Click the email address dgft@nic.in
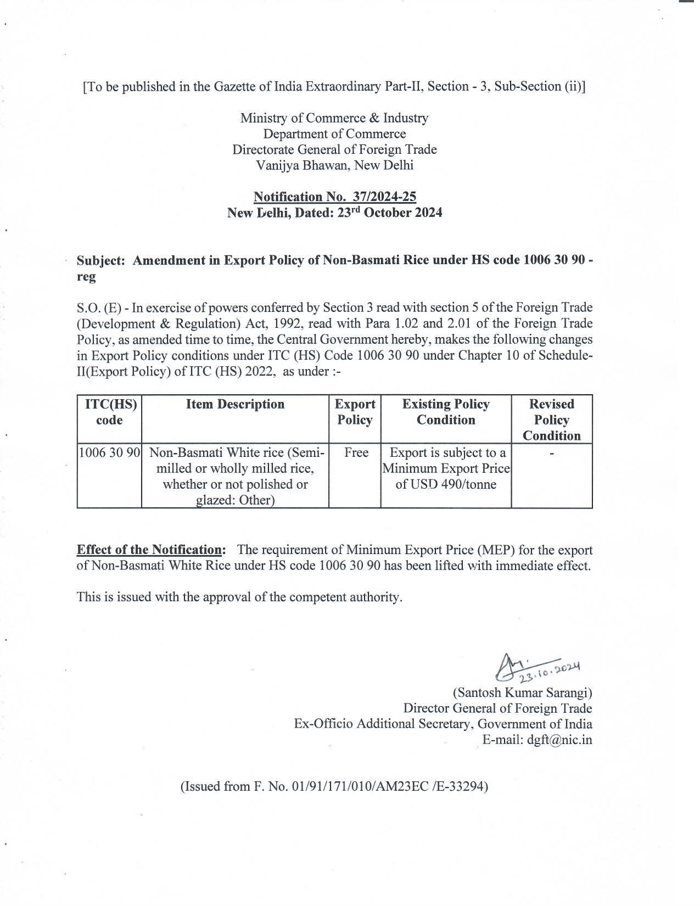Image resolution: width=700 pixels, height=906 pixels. tap(559, 740)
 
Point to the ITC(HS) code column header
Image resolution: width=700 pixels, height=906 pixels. tap(110, 412)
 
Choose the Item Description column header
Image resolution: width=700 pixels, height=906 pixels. tap(235, 405)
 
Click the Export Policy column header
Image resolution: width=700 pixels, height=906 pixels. tap(355, 412)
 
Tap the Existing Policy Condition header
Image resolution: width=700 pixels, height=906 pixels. tap(445, 412)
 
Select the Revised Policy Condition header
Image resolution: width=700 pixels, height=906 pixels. tap(551, 420)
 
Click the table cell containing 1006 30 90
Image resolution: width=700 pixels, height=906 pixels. tap(110, 453)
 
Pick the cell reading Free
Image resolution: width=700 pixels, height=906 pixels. tap(355, 453)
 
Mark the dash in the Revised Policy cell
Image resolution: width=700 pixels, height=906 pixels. tap(552, 454)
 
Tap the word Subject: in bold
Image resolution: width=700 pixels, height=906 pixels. tap(101, 261)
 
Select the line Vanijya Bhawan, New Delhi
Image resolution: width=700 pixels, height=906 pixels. tap(334, 165)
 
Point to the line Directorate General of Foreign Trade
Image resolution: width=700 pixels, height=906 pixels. tap(334, 149)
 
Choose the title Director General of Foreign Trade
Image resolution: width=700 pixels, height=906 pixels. tap(497, 708)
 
